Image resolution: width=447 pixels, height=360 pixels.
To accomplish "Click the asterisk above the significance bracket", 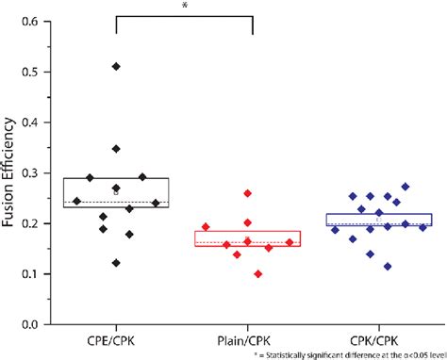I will click(x=185, y=6).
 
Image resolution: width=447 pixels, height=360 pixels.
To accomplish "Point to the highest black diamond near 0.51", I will click(x=117, y=66).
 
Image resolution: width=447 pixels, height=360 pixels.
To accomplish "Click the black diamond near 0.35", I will click(x=117, y=149).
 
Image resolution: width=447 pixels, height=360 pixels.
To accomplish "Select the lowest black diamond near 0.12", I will click(x=117, y=263).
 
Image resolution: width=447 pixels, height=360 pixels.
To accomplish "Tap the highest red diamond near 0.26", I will click(x=248, y=193).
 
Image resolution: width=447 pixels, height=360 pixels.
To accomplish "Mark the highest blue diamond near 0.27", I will click(x=406, y=187).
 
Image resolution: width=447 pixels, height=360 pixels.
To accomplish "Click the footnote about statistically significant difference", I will click(x=348, y=354).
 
